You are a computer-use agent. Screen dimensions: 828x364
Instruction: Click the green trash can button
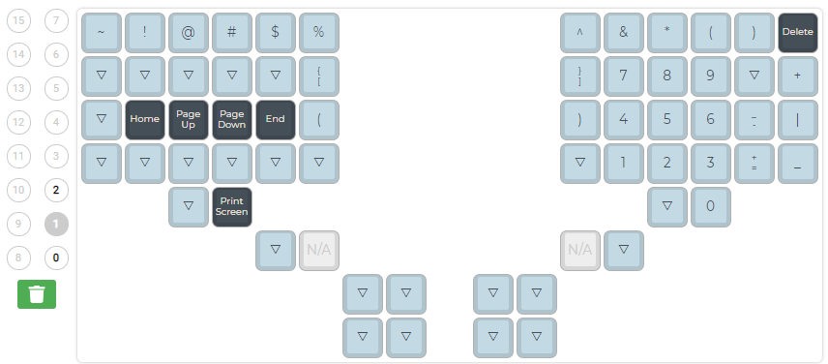click(37, 294)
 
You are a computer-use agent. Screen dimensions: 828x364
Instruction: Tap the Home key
click(145, 119)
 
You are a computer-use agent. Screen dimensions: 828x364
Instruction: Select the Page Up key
click(189, 119)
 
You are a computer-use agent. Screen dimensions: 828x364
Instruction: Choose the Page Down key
click(232, 119)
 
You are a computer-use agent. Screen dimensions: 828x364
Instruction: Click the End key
click(276, 119)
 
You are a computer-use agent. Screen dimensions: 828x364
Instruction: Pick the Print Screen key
click(232, 206)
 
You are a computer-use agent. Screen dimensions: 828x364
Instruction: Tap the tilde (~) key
click(102, 32)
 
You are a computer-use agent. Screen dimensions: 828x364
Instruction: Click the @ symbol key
click(189, 32)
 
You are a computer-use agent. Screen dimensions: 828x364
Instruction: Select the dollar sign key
click(276, 32)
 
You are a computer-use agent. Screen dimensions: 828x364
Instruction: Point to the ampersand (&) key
click(624, 32)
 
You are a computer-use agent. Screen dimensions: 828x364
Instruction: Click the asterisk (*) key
click(667, 32)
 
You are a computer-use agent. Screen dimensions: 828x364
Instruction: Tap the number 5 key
click(667, 119)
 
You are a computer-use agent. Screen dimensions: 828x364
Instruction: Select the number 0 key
click(711, 206)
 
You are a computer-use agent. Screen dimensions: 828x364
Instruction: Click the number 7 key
click(624, 76)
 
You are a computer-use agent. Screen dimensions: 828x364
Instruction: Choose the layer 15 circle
click(19, 20)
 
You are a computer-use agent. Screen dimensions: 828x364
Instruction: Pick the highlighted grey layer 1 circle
click(57, 224)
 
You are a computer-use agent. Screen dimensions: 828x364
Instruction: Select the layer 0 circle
click(57, 258)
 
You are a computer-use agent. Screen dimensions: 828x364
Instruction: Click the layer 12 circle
click(19, 122)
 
